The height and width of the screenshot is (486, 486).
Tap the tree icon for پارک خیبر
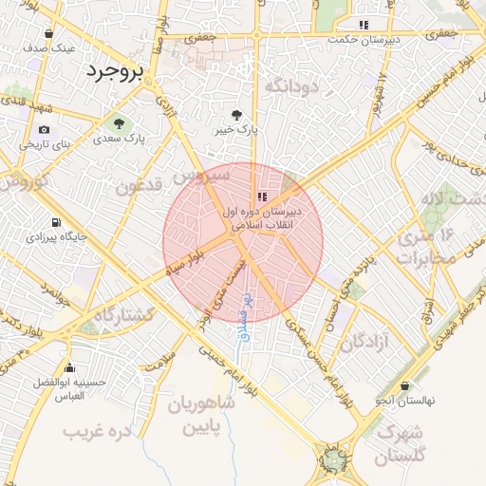pos(250,111)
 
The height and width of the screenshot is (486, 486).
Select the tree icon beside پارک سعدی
pos(120,123)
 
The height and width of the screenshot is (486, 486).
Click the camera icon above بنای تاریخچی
pos(45,130)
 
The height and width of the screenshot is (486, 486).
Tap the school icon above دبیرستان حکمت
pos(363,26)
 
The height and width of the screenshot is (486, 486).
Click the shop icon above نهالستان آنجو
pos(406,386)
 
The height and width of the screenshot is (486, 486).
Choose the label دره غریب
pos(96,432)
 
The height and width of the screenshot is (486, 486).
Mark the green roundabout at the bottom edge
pos(335,461)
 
